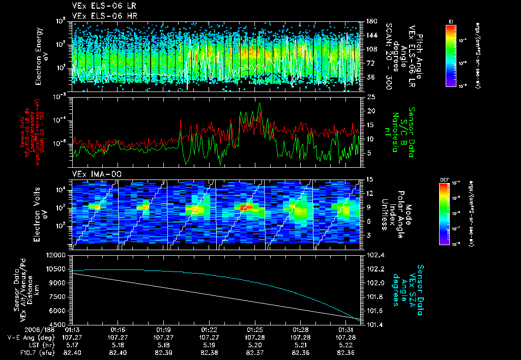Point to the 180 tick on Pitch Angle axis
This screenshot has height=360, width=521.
point(370,21)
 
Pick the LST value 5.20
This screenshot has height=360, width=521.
point(254,344)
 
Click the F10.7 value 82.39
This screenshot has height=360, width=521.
point(163,352)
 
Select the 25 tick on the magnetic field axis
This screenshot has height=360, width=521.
point(370,97)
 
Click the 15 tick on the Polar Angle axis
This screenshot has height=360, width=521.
point(370,179)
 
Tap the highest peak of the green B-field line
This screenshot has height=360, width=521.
point(260,104)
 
